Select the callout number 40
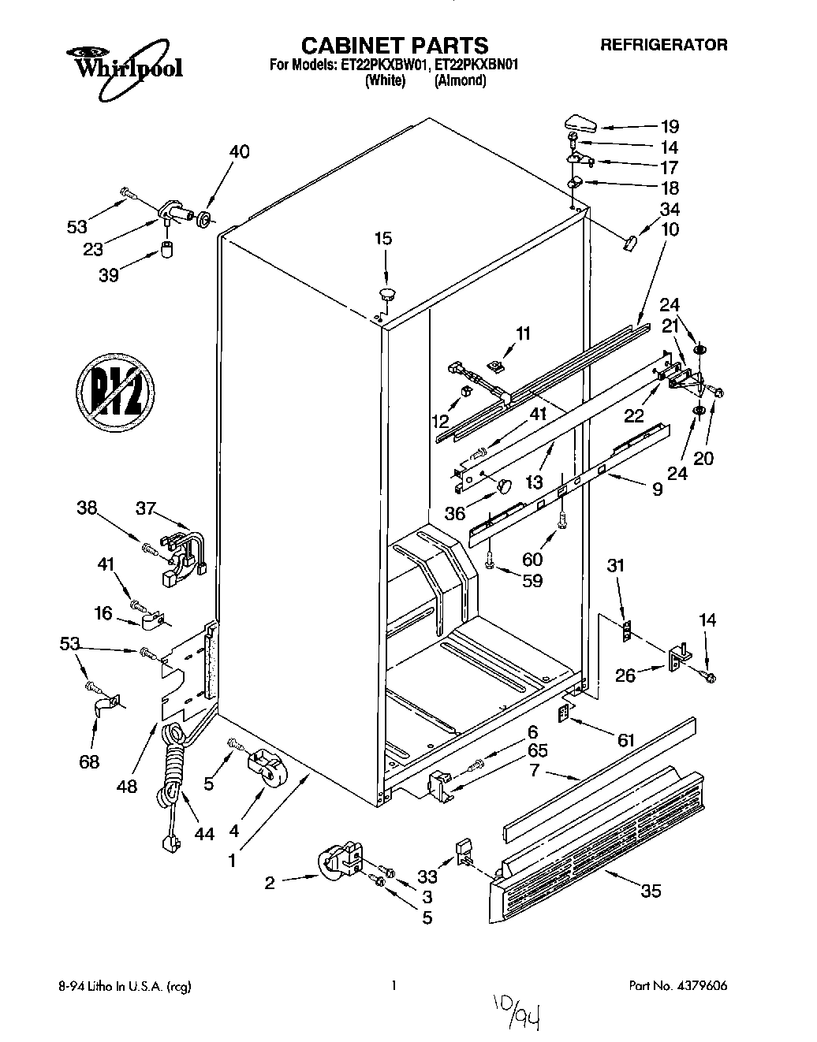point(238,151)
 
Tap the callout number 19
point(669,126)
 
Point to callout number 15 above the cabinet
point(382,239)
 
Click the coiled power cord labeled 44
point(172,780)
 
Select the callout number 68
point(91,761)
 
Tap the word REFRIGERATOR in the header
point(664,45)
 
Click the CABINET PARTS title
point(395,45)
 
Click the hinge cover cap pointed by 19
point(580,123)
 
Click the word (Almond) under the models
point(460,80)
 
